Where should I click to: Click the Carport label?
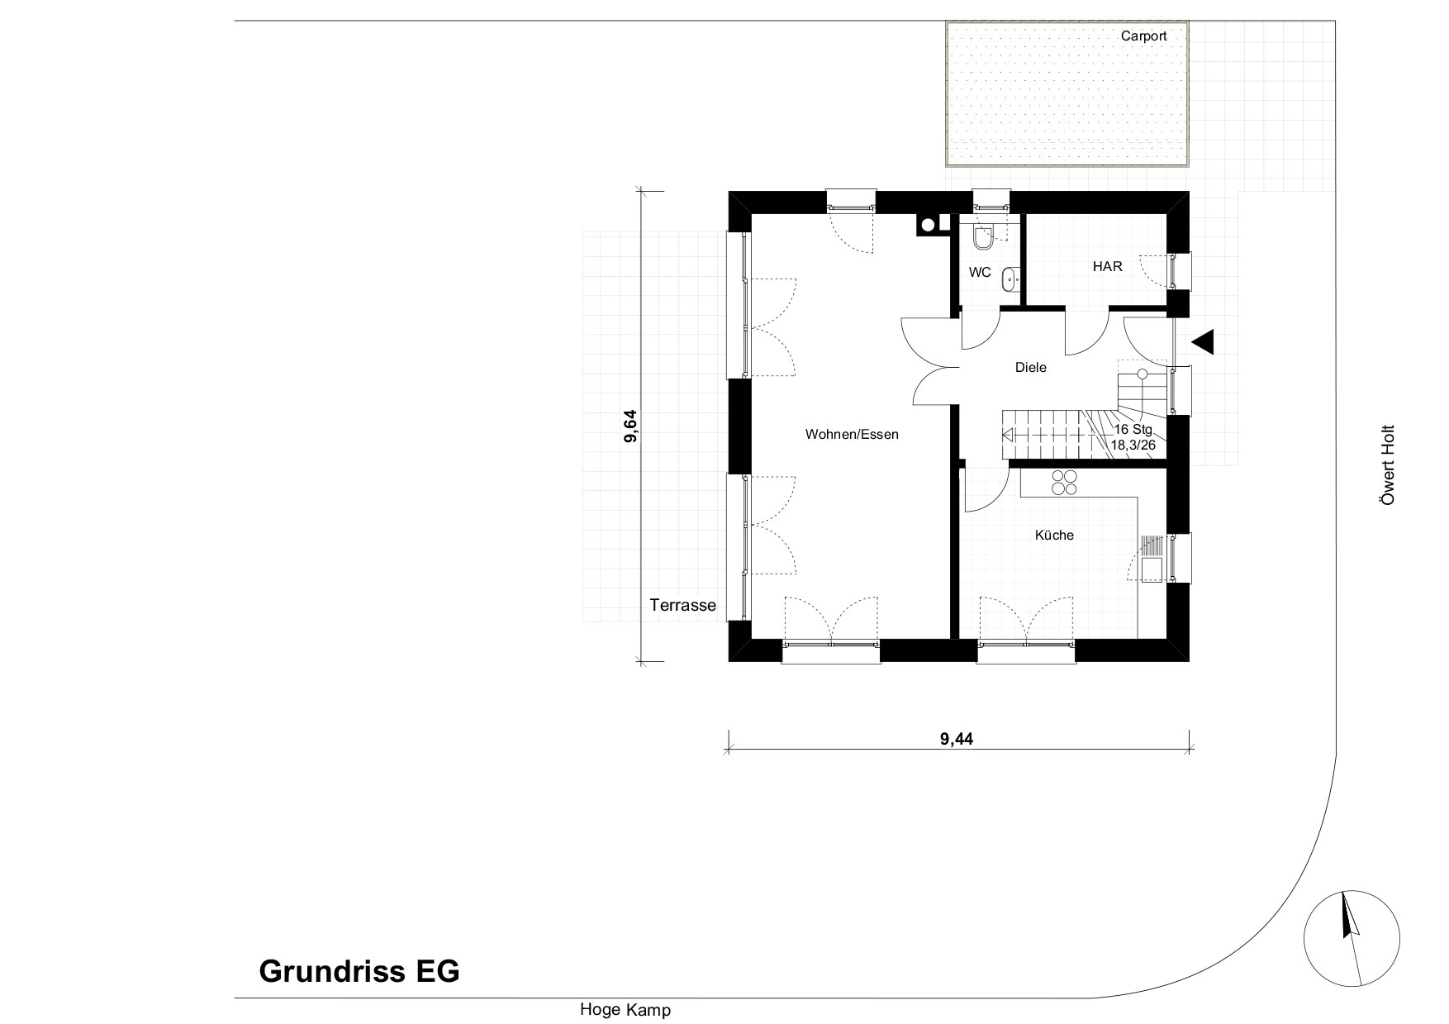(x=1143, y=36)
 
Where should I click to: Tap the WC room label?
(x=980, y=272)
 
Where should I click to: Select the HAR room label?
(x=1107, y=267)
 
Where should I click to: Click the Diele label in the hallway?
(x=1031, y=368)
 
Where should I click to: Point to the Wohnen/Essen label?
(x=852, y=434)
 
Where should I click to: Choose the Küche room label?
(x=1054, y=535)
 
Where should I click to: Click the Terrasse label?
(x=682, y=605)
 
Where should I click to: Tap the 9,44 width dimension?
(x=957, y=740)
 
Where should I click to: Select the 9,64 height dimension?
(x=631, y=426)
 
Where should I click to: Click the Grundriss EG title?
(x=359, y=971)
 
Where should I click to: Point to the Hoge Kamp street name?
(x=625, y=1010)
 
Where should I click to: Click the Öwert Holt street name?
(x=1388, y=465)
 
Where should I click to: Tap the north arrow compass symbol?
(x=1352, y=940)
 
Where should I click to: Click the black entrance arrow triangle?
(x=1203, y=341)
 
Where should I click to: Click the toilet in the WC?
(x=982, y=238)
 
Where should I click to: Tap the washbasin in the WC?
(x=1010, y=280)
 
